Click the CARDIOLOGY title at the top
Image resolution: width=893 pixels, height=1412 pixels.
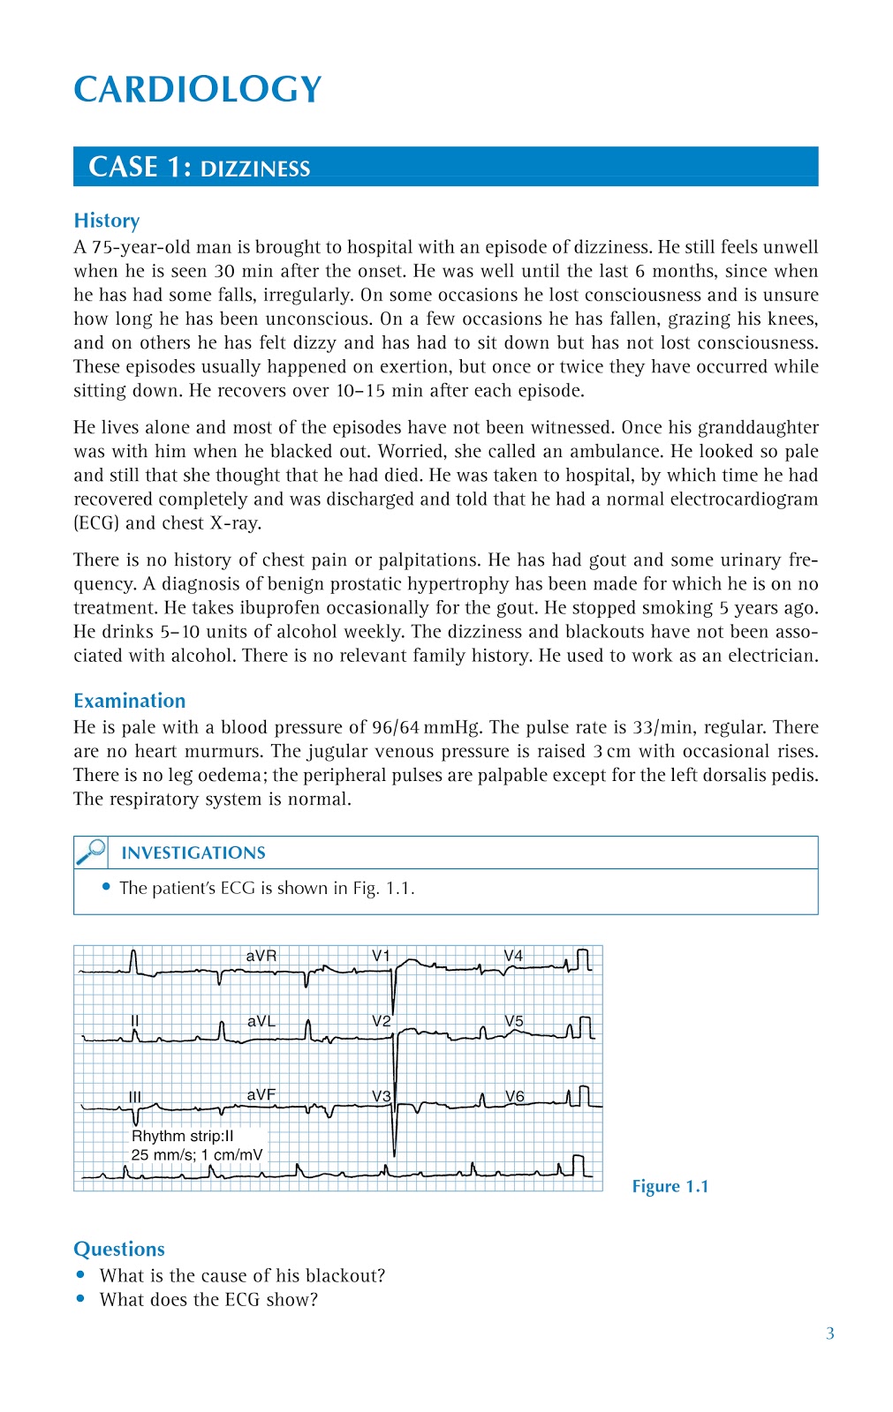pyautogui.click(x=197, y=90)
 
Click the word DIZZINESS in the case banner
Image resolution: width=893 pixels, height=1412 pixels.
pyautogui.click(x=255, y=169)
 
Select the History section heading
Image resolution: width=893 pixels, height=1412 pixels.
pyautogui.click(x=107, y=221)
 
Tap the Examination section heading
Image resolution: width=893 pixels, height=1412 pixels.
pyautogui.click(x=130, y=701)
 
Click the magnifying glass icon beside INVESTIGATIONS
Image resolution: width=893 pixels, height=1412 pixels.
pyautogui.click(x=91, y=852)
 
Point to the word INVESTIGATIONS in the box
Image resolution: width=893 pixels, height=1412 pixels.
pyautogui.click(x=193, y=853)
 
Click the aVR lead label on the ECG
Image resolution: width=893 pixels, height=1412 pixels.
pyautogui.click(x=261, y=956)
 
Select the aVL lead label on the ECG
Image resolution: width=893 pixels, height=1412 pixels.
pyautogui.click(x=261, y=1021)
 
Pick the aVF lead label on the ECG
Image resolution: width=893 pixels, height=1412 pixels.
pyautogui.click(x=261, y=1094)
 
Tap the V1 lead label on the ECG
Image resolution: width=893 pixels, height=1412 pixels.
pyautogui.click(x=381, y=956)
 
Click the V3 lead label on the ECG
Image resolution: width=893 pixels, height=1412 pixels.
pyautogui.click(x=381, y=1096)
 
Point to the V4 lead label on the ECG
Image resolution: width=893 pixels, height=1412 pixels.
pyautogui.click(x=513, y=956)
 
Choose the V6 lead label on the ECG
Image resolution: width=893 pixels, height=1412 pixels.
pyautogui.click(x=514, y=1096)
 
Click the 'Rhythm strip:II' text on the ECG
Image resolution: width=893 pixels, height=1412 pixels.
pyautogui.click(x=183, y=1137)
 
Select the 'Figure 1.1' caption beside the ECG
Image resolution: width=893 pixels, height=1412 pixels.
pyautogui.click(x=670, y=1187)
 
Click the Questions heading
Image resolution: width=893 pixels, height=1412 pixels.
pyautogui.click(x=119, y=1250)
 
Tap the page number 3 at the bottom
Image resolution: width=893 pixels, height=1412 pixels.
pyautogui.click(x=830, y=1333)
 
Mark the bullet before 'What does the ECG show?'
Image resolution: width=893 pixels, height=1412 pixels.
pyautogui.click(x=80, y=1299)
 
